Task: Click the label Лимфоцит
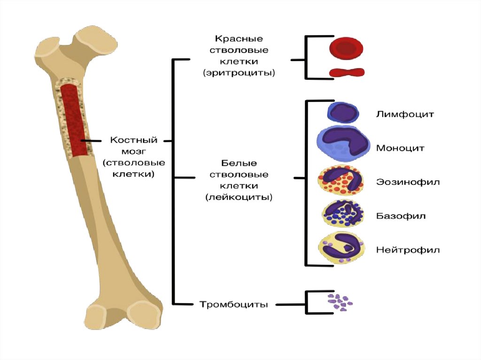tap(404, 114)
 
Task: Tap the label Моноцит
tap(400, 148)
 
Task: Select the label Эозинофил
tap(408, 182)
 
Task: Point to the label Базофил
tap(401, 216)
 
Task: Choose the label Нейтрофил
tap(408, 250)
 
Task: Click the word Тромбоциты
tap(234, 305)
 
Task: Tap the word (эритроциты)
tap(239, 73)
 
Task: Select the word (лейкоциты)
tap(239, 198)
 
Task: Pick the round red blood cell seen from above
tap(347, 48)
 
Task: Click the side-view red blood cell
tap(347, 72)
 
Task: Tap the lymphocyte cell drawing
tap(343, 113)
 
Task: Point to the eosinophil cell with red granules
tap(341, 182)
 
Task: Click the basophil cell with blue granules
tap(342, 215)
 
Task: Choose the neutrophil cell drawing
tap(341, 249)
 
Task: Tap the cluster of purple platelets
tap(341, 303)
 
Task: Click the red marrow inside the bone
tap(74, 120)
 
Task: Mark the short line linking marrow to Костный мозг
tap(91, 140)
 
